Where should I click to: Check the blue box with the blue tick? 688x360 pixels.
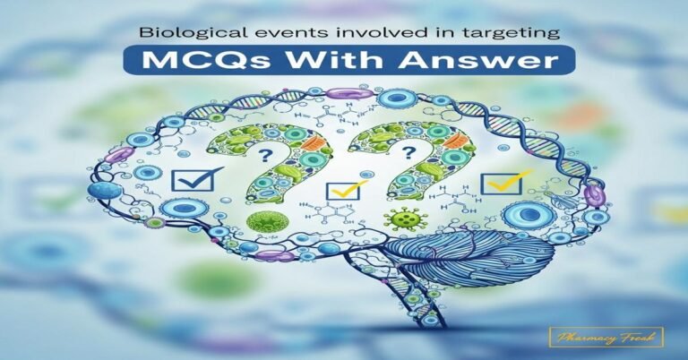coord(193,177)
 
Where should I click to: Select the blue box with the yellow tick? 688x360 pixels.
coord(340,189)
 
